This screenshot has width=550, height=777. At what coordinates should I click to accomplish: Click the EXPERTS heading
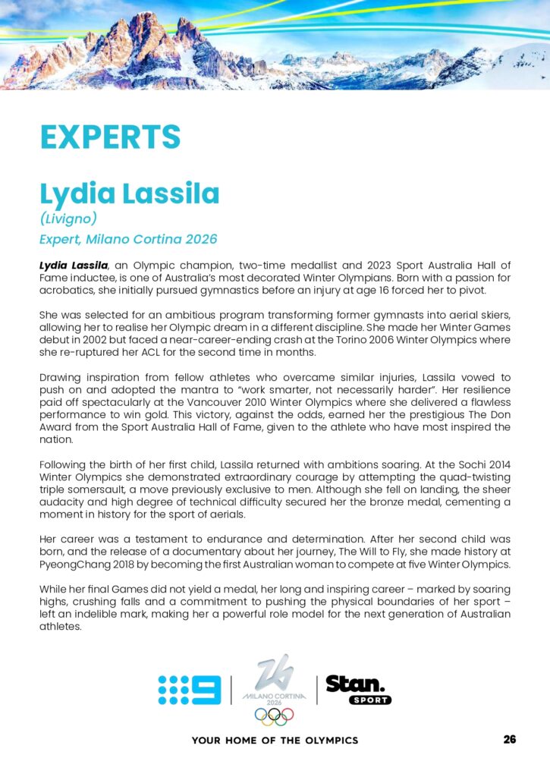(110, 137)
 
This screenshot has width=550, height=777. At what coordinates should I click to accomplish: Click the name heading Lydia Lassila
(130, 193)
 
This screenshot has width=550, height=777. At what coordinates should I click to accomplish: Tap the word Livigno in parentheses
(69, 219)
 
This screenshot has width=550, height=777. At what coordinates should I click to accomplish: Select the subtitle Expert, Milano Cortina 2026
(128, 239)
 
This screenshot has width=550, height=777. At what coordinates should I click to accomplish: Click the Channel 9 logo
(190, 690)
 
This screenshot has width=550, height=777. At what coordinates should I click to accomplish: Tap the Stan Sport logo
(358, 688)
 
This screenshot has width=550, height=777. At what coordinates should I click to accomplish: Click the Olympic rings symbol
(274, 716)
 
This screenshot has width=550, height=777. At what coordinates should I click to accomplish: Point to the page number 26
(509, 739)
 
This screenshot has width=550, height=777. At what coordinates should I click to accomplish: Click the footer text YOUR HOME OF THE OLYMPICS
(275, 740)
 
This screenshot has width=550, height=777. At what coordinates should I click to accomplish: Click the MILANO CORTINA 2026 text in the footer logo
(274, 697)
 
